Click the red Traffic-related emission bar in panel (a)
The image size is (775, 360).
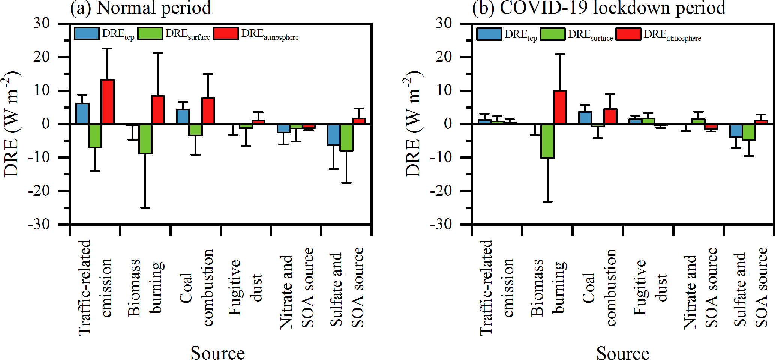point(108,102)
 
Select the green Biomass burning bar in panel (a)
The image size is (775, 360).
point(145,139)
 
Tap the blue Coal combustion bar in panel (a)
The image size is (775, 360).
point(183,117)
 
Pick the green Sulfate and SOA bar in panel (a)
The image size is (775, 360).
point(346,137)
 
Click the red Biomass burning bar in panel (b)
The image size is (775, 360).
point(560,107)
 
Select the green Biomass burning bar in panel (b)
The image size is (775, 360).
point(547,141)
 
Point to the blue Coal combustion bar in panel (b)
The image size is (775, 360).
point(585,118)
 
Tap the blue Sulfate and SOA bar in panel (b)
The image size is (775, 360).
point(736,130)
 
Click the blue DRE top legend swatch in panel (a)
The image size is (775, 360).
point(87,34)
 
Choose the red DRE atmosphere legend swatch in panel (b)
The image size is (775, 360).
point(628,34)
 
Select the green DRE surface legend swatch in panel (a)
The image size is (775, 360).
point(150,34)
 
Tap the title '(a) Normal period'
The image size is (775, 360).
point(141,8)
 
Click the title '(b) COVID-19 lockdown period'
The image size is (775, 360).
point(599,8)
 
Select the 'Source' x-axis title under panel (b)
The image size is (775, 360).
point(623,352)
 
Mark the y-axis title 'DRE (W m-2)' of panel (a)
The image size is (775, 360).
point(12,124)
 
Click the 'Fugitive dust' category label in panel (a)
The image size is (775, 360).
point(246,287)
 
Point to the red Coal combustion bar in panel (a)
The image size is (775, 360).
point(208,111)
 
